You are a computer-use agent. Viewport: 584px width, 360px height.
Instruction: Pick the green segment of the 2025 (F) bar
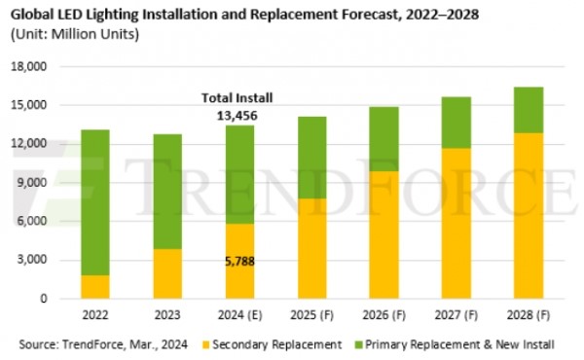(311, 158)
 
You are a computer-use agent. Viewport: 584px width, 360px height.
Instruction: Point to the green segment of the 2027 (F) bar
(456, 123)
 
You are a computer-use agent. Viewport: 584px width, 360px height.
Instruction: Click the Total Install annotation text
(237, 98)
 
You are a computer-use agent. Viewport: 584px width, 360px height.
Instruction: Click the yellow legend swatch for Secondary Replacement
(206, 344)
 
